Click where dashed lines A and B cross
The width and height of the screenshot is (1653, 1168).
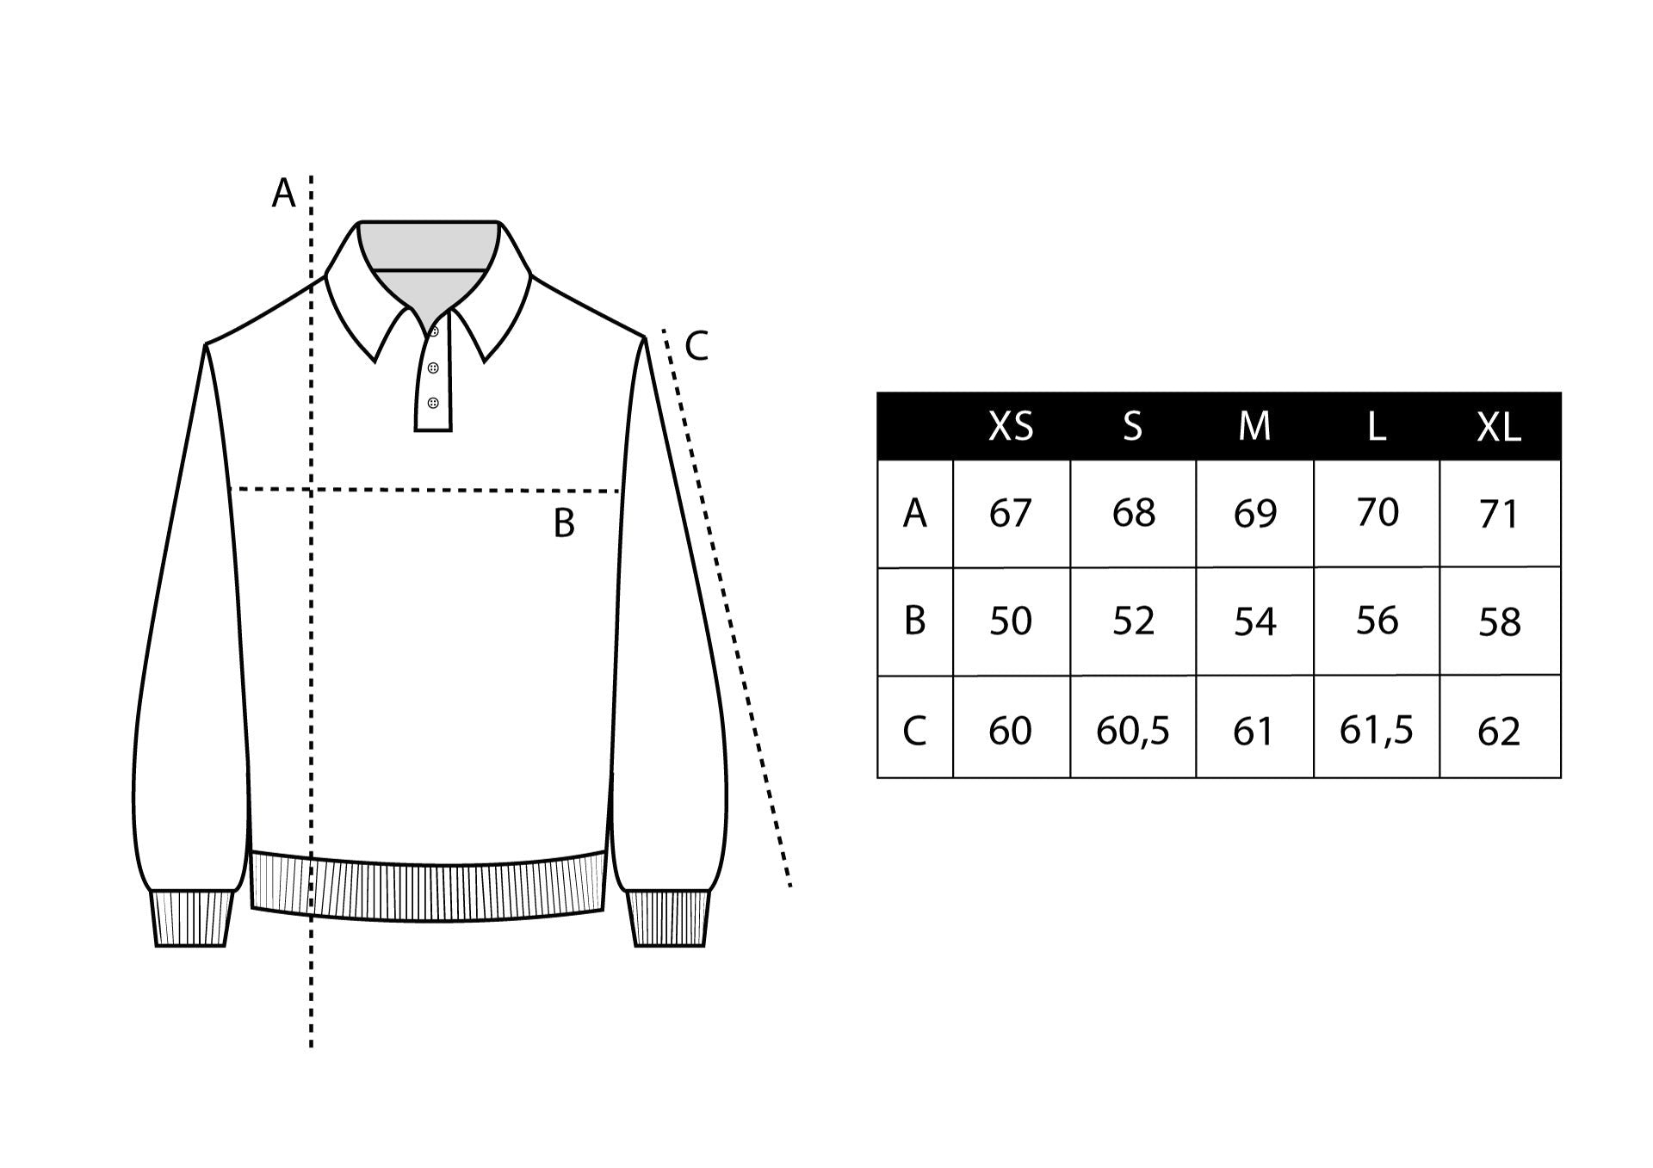click(311, 489)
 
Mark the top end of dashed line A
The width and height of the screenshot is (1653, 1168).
click(311, 176)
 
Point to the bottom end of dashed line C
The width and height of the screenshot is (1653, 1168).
click(789, 886)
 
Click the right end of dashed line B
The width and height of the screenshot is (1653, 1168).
click(620, 491)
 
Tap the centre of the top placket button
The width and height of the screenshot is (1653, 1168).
click(434, 331)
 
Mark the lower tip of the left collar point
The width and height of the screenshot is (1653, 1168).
click(375, 362)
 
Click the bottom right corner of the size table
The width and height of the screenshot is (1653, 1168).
click(1561, 777)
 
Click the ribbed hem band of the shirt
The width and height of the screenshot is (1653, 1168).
click(428, 887)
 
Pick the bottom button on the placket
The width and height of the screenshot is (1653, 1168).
click(432, 403)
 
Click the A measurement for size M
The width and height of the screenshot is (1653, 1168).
click(1254, 513)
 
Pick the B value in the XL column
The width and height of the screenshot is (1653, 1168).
click(1499, 621)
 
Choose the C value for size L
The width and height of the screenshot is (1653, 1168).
click(1376, 731)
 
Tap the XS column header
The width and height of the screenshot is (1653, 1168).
click(1011, 426)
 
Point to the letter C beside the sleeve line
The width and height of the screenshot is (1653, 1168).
click(696, 346)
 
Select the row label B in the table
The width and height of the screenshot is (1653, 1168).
click(914, 621)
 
